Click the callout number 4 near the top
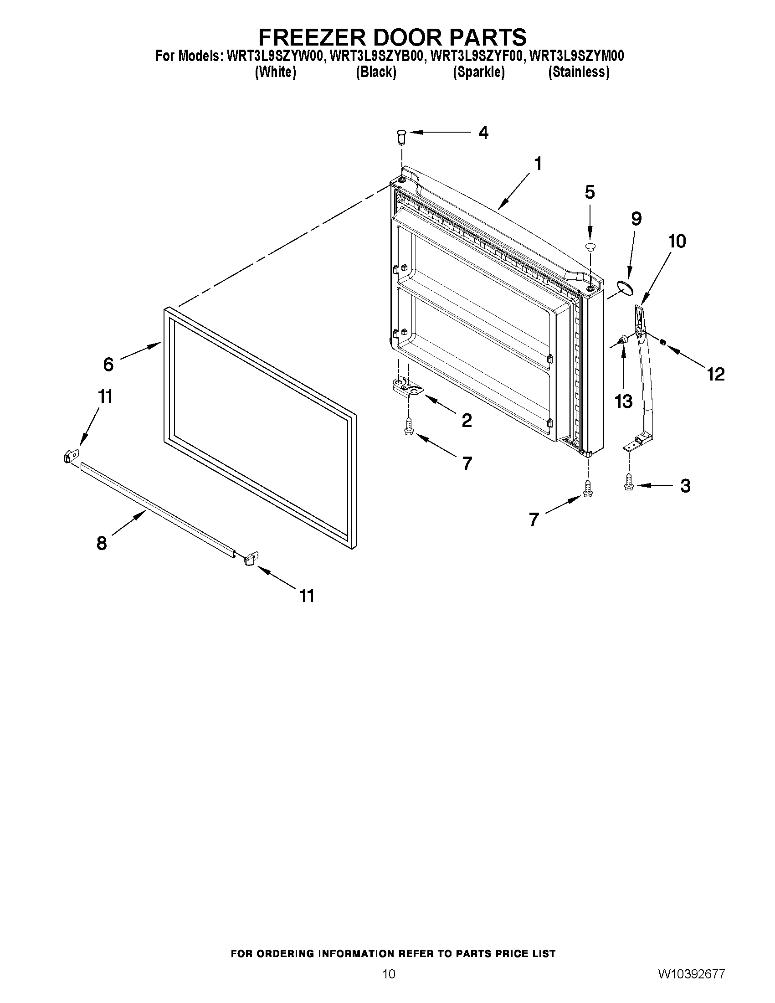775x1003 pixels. tap(483, 133)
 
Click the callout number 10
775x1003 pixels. tap(676, 241)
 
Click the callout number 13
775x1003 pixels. tap(623, 401)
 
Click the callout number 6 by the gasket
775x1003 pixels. tap(108, 364)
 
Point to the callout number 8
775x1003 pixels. tap(102, 543)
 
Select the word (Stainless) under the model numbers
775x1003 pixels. tap(579, 72)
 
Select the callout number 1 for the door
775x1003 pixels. tap(538, 164)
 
